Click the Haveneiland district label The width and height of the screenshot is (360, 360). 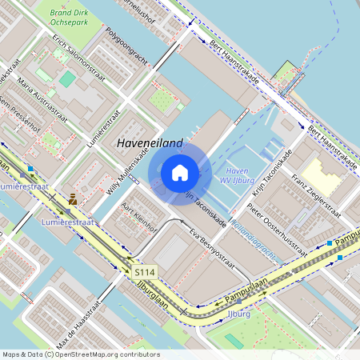(x=150, y=143)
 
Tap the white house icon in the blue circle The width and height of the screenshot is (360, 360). (x=180, y=173)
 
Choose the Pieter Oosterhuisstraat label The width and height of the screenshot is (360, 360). (x=277, y=229)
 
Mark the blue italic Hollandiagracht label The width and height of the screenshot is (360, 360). (x=252, y=244)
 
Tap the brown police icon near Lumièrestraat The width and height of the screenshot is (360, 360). (x=73, y=198)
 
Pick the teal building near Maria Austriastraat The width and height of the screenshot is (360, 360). (x=68, y=79)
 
